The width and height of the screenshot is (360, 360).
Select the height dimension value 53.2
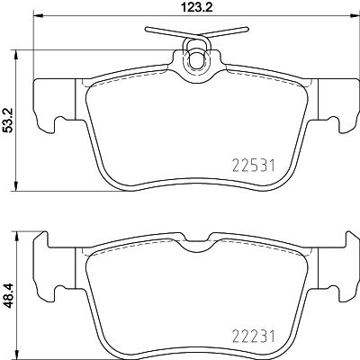click(8, 119)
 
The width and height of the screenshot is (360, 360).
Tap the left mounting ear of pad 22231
click(47, 261)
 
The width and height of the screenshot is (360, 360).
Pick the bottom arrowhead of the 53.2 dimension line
click(20, 192)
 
